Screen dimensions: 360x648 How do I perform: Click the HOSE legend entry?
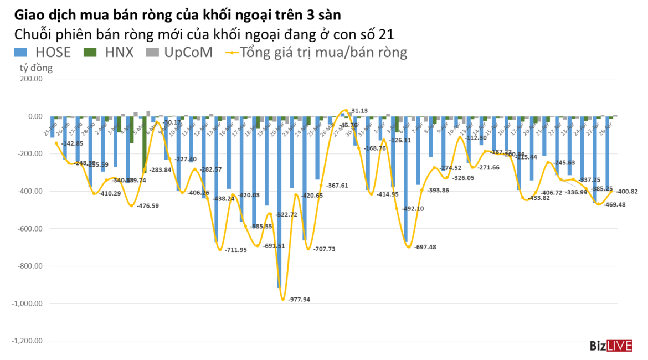click(44, 53)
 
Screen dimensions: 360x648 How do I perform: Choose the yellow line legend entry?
click(316, 53)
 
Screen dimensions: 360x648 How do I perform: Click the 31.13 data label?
click(359, 110)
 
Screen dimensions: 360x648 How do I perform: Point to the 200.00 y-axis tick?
click(32, 79)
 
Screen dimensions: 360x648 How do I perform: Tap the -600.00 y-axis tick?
click(31, 229)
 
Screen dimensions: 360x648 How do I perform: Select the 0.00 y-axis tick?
click(35, 116)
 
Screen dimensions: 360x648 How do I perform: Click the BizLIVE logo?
click(610, 346)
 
